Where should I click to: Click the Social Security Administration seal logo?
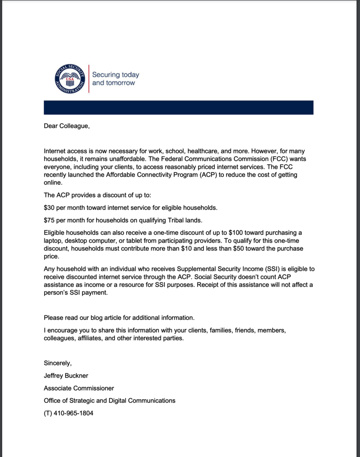[70, 79]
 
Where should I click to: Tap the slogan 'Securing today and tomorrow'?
[115, 79]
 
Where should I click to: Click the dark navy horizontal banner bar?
[178, 108]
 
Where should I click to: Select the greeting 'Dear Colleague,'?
[67, 126]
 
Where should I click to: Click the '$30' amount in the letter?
[50, 208]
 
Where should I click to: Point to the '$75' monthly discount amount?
[50, 220]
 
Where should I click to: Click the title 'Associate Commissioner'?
[79, 388]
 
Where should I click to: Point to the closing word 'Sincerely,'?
[58, 363]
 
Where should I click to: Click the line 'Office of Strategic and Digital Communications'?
[109, 401]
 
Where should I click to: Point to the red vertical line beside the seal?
[88, 79]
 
